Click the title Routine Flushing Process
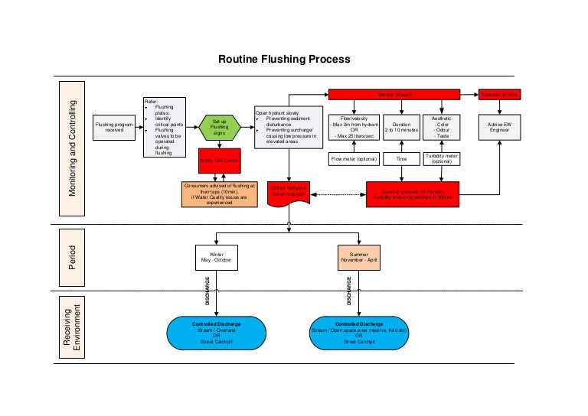[x=284, y=59]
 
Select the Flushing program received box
[x=114, y=127]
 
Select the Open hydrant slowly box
[x=288, y=127]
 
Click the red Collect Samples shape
[x=289, y=192]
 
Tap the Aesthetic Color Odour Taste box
[x=442, y=127]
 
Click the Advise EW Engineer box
[x=499, y=127]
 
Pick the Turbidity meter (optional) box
[x=442, y=159]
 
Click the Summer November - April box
[x=359, y=257]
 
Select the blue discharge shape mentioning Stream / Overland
[x=217, y=332]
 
